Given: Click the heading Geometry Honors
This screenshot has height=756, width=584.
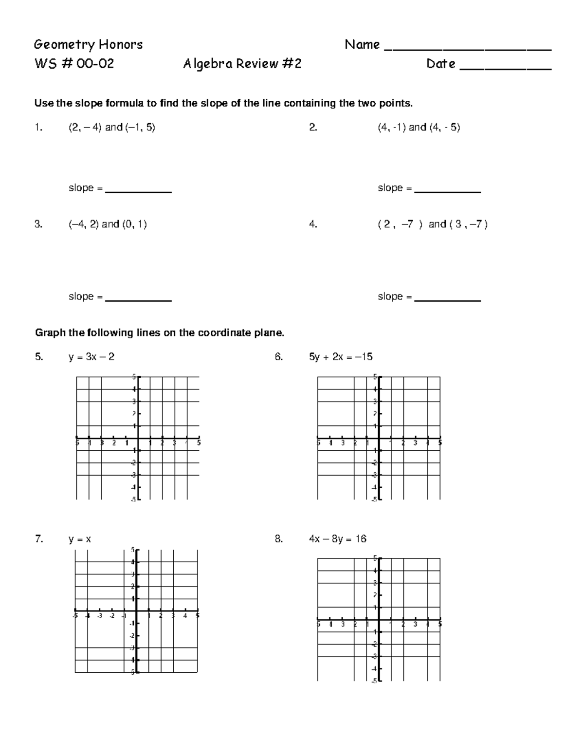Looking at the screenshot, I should pyautogui.click(x=88, y=45).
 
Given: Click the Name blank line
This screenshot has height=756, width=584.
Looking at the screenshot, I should pyautogui.click(x=468, y=49).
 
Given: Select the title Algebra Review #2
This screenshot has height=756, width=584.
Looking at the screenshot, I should pyautogui.click(x=242, y=64).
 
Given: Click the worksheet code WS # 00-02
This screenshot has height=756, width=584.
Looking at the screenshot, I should pyautogui.click(x=74, y=64).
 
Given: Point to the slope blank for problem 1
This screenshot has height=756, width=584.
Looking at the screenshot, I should pyautogui.click(x=138, y=192).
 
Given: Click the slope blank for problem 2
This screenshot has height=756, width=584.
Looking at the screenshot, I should pyautogui.click(x=447, y=192).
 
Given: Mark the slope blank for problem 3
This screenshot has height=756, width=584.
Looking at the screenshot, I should pyautogui.click(x=138, y=300).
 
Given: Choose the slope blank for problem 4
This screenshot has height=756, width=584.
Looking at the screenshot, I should pyautogui.click(x=447, y=300).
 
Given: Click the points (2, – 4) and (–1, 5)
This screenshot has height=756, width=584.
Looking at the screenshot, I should pyautogui.click(x=111, y=128).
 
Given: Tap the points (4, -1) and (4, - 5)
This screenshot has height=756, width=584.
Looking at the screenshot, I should pyautogui.click(x=419, y=128).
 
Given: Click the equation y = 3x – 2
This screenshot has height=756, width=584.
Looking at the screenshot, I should pyautogui.click(x=91, y=357).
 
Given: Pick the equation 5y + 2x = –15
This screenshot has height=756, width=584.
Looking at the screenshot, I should pyautogui.click(x=341, y=357).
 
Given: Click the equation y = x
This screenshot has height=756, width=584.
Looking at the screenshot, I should pyautogui.click(x=80, y=539).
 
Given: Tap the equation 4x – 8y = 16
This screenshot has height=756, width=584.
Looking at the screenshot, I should pyautogui.click(x=337, y=539).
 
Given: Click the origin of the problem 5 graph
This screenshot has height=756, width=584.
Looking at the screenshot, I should pyautogui.click(x=138, y=438).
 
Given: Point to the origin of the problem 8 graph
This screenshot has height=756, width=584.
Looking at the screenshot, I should pyautogui.click(x=379, y=619).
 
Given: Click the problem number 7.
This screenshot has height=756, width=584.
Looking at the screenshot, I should pyautogui.click(x=39, y=539).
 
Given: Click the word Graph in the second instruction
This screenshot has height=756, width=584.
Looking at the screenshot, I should pyautogui.click(x=50, y=333).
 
